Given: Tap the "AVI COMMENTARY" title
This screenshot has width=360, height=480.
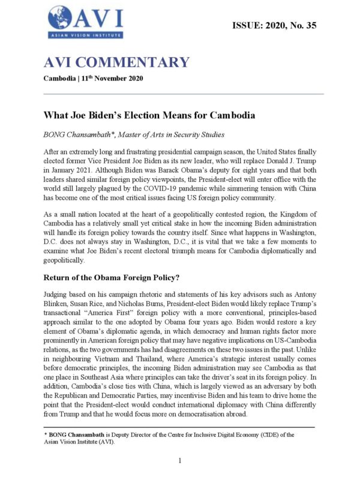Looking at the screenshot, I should [x=116, y=62].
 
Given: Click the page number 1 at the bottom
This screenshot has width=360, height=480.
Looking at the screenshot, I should [x=180, y=460].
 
